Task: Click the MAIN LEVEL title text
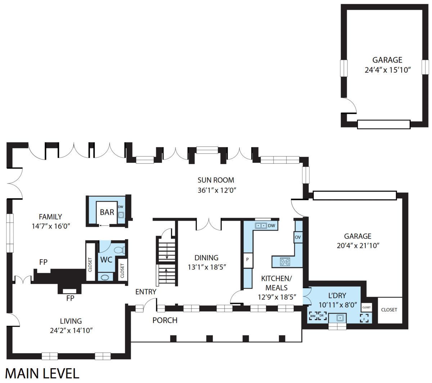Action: pos(42,373)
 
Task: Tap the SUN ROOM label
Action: pos(216,180)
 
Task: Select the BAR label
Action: pos(107,212)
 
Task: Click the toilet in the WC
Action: pos(120,250)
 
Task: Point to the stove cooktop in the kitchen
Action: pos(285,262)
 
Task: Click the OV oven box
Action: pos(298,237)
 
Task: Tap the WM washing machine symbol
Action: pos(313,316)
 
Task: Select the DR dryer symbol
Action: pos(322,316)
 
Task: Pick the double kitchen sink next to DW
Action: pos(261,225)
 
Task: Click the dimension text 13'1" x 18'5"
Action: pos(207,267)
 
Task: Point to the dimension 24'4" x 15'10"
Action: pos(387,70)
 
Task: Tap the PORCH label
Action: pos(165,320)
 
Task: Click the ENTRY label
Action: pos(146,292)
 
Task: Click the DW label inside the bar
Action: pos(121,207)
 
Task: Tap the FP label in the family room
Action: pos(43,262)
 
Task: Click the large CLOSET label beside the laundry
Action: pos(389,310)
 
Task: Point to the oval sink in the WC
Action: pos(105,278)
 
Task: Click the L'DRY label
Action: pos(337,296)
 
